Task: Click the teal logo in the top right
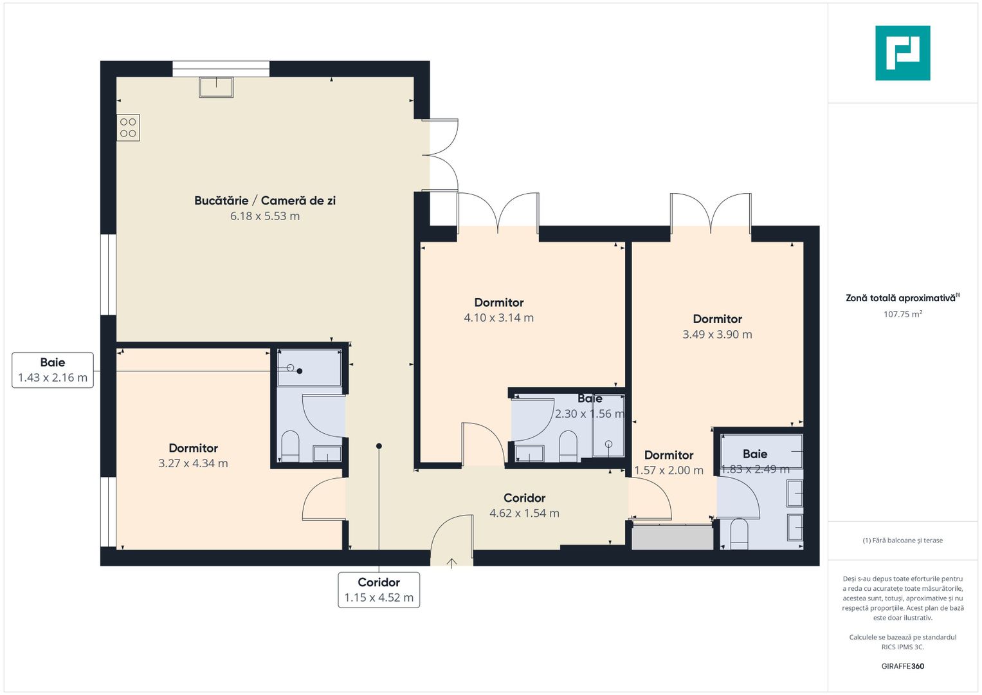coord(902,53)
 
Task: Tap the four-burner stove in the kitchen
coord(128,127)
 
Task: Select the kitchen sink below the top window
coord(216,87)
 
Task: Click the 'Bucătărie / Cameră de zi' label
coord(265,201)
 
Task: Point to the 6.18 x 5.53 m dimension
coord(265,216)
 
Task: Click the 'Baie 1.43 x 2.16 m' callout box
coord(53,370)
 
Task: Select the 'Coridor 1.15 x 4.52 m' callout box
coord(379,589)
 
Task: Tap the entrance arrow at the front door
coord(452,563)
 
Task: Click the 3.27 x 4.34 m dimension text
coord(193,463)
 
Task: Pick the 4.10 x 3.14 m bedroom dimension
coord(498,318)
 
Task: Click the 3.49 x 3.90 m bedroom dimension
coord(717,335)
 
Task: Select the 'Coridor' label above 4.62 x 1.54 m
coord(524,498)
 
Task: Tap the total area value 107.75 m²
coord(902,314)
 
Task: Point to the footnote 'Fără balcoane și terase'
coord(902,541)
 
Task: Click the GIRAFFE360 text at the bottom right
coord(902,666)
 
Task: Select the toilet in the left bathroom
coord(291,445)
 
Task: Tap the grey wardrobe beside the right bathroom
coord(673,537)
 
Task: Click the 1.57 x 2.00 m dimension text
coord(669,470)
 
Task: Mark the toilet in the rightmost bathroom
coord(739,534)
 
